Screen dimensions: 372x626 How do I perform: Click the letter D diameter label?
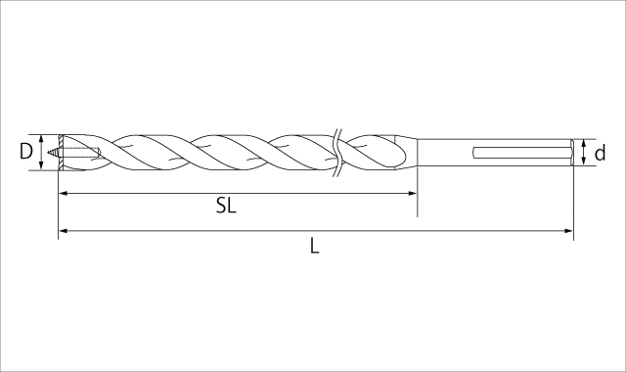[26, 152]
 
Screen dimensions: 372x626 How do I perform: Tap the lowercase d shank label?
[600, 153]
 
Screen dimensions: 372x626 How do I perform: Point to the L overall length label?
[314, 247]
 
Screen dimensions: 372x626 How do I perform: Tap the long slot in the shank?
[518, 152]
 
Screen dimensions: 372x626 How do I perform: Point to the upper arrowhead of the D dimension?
[43, 138]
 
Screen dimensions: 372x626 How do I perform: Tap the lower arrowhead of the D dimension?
[43, 165]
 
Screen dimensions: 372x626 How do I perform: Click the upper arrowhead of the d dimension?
[584, 142]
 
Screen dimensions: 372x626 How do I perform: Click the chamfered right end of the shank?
[570, 152]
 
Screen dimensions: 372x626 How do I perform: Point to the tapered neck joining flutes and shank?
[411, 152]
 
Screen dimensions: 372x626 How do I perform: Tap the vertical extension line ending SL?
[418, 186]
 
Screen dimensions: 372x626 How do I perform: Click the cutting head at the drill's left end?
[65, 152]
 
